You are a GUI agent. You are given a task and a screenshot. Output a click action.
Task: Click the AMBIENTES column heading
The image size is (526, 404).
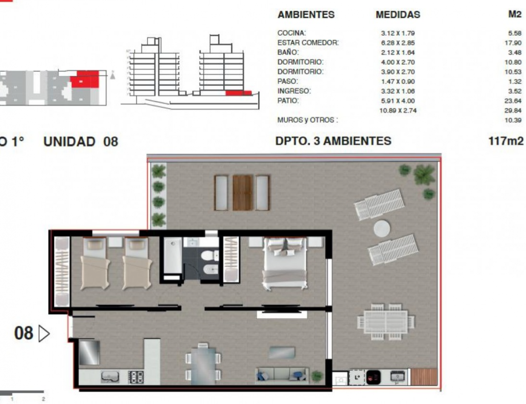(306, 14)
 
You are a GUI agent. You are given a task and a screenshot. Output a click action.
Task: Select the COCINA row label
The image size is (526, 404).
(292, 33)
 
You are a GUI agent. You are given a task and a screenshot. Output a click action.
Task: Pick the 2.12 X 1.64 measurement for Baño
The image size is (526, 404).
(397, 52)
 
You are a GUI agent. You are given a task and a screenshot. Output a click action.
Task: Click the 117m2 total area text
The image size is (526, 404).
(506, 141)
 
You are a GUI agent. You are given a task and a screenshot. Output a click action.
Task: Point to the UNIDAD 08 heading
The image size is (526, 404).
(81, 142)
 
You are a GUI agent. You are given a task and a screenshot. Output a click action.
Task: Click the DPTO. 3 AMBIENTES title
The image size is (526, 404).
(333, 141)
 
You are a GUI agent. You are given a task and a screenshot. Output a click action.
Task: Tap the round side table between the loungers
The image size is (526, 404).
(382, 228)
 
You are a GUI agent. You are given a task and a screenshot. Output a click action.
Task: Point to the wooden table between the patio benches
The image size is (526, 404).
(243, 193)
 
